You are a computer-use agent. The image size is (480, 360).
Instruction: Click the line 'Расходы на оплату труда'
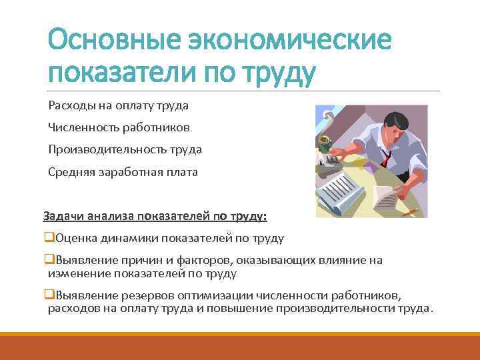118,105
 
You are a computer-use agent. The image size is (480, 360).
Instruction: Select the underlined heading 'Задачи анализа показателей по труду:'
155,216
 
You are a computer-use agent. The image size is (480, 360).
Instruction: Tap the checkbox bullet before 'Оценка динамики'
48,238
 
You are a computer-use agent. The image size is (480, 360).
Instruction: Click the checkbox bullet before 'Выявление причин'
48,260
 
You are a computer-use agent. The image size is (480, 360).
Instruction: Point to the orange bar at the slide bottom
240,347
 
